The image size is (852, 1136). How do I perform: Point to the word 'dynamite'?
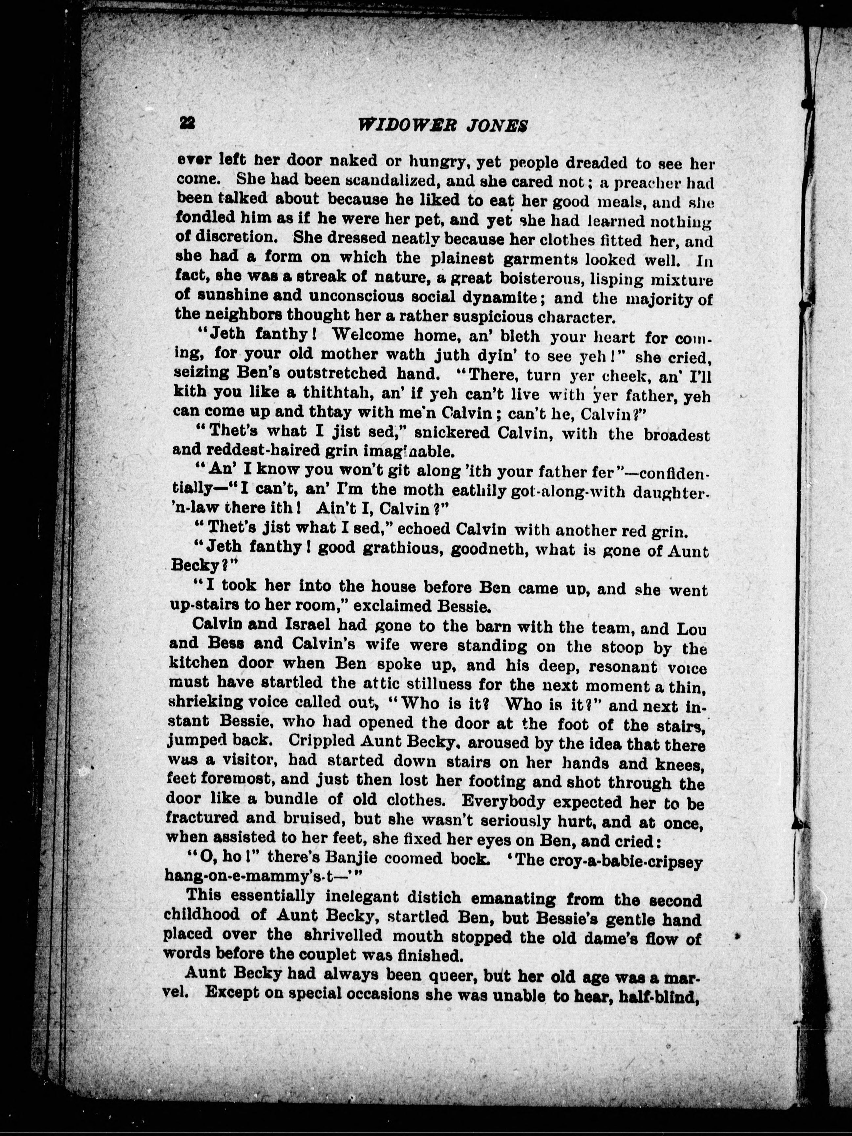click(x=495, y=297)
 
